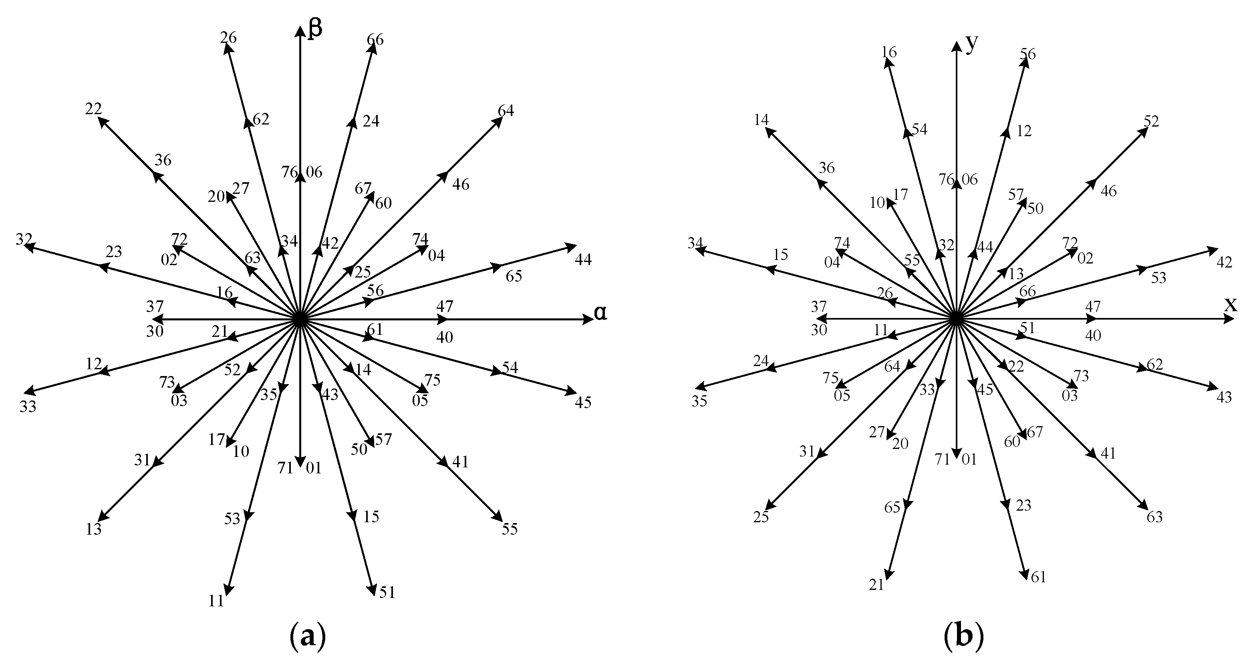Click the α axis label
601,313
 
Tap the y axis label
971,44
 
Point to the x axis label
1230,304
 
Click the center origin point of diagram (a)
300,320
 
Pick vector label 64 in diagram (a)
506,111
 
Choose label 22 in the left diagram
93,109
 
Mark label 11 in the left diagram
216,601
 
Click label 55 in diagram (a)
510,529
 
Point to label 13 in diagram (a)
93,529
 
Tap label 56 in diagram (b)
1028,54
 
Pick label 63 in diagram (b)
1155,517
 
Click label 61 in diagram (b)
1038,577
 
